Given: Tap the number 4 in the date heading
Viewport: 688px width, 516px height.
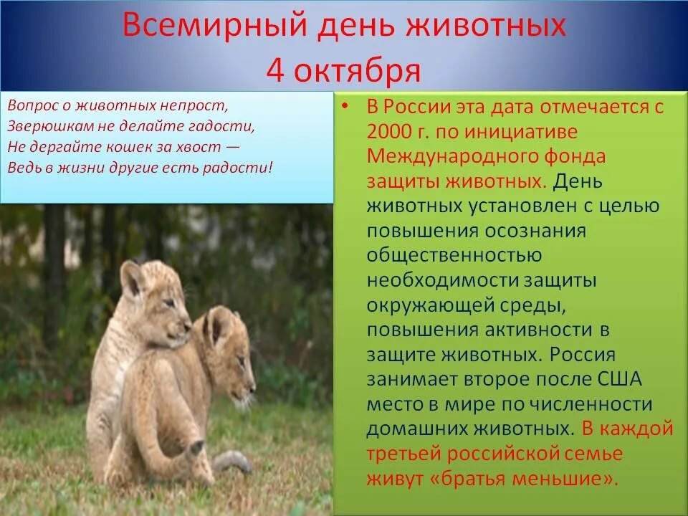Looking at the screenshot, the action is point(276,70).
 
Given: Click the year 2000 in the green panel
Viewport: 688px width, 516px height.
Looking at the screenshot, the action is point(389,132).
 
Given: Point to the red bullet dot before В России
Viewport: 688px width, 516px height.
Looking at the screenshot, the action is point(347,107).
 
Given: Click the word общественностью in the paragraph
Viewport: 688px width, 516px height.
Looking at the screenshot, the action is point(454,256).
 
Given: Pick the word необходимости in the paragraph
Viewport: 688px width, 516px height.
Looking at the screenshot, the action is point(442,280).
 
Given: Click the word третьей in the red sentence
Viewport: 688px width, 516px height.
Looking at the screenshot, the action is point(403,453).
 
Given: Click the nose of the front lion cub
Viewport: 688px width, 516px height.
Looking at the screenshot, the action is point(252,387).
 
